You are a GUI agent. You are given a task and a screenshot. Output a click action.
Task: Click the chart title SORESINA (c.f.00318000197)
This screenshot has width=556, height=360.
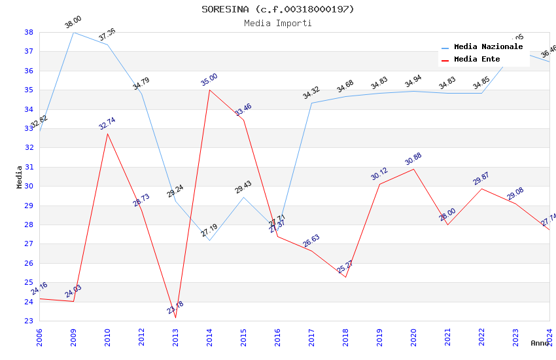tap(277, 9)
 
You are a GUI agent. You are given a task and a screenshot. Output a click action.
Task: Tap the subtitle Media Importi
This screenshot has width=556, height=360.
tap(277, 23)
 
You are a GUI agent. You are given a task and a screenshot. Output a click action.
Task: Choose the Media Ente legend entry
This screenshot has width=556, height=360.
tap(477, 60)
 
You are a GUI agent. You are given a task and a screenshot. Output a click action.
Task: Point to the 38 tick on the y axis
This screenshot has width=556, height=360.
tap(29, 32)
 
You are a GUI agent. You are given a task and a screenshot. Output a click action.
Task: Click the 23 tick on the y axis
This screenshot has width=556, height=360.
tap(29, 321)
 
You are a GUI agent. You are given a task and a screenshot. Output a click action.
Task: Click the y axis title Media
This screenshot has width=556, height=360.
tap(20, 177)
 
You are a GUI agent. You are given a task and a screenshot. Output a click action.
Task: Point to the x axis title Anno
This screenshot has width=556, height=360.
tap(540, 343)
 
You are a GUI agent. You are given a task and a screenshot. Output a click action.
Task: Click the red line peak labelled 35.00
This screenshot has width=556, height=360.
tap(209, 90)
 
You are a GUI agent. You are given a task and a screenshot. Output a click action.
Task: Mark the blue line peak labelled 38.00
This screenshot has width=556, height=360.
tap(73, 32)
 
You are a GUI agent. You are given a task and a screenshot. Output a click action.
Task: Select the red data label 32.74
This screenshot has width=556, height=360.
tap(107, 124)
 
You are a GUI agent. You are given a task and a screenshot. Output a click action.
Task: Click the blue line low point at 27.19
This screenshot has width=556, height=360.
tap(209, 240)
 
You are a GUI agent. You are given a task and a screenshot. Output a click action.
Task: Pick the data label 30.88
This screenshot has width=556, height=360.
tap(413, 159)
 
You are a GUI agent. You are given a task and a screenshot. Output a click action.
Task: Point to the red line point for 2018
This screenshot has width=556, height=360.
tap(345, 277)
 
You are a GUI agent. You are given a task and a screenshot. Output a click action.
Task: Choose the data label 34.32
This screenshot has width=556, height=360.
tap(311, 94)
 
